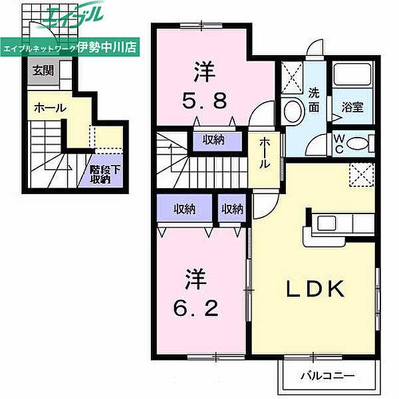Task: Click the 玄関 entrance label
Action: [43, 70]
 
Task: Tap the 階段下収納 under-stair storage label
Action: [104, 174]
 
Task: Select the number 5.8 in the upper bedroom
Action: [204, 101]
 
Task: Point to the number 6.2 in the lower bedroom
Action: [196, 308]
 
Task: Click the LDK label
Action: [315, 289]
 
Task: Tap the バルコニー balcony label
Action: [327, 375]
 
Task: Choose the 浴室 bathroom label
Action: [352, 107]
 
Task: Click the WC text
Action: [339, 144]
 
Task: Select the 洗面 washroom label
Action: [314, 100]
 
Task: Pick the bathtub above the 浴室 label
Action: [352, 74]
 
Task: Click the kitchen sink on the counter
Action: [327, 223]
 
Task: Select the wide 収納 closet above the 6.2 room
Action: [184, 208]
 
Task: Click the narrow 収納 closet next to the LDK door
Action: [232, 208]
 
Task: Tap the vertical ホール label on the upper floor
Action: [265, 153]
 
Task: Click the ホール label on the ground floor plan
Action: [50, 108]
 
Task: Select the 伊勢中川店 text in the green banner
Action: [107, 47]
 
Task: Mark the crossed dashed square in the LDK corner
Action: [362, 175]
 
